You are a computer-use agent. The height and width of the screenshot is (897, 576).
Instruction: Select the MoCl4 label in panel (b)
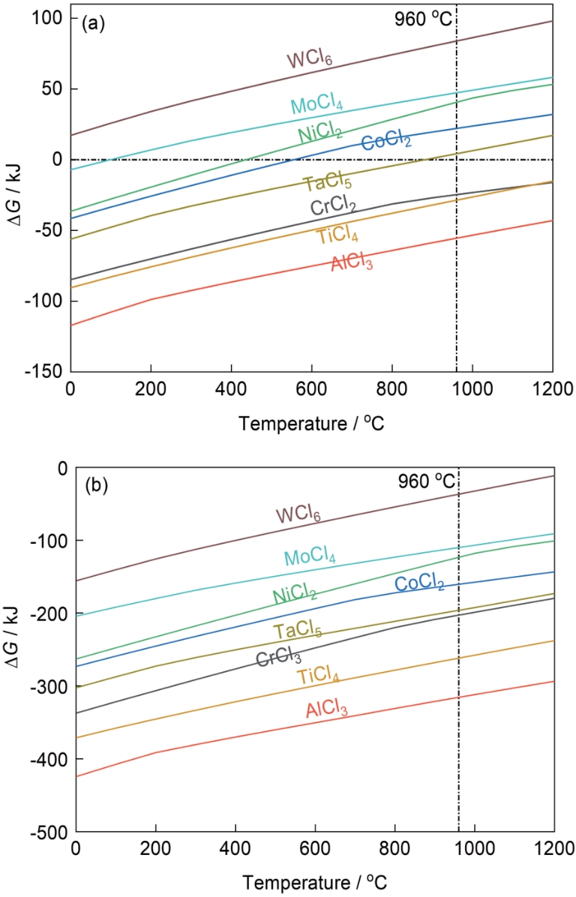[309, 558]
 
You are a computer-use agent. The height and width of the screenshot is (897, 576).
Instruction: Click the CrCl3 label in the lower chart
[278, 659]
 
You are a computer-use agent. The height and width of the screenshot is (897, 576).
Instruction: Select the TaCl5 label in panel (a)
[327, 182]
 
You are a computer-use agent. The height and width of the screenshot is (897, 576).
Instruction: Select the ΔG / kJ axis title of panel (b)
[17, 649]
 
